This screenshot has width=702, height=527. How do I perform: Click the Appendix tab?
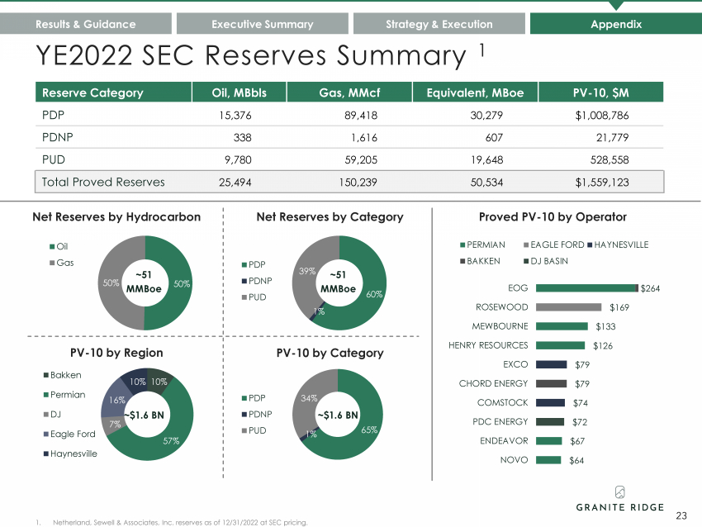point(616,24)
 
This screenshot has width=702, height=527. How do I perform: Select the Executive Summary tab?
point(263,24)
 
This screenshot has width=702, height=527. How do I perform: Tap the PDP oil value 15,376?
point(235,116)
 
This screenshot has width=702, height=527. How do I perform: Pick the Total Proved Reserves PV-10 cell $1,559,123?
point(602,183)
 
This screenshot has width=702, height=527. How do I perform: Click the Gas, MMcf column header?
point(349,93)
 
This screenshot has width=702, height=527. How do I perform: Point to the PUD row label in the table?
point(54,160)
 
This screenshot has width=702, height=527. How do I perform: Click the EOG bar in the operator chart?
point(586,288)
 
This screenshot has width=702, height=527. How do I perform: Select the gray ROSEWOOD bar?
point(568,307)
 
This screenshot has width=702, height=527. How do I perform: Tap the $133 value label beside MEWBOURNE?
point(605,326)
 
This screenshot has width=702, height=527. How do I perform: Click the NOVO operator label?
point(514,460)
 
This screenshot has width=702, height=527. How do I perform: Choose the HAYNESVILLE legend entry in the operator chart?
point(618,245)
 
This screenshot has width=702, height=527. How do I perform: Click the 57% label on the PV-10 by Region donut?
point(171,441)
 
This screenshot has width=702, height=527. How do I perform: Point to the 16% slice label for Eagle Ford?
point(117,400)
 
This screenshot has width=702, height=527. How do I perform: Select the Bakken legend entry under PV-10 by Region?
point(62,375)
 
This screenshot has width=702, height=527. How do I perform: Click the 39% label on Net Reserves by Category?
point(307,271)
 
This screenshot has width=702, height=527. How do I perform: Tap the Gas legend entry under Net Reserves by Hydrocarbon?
point(62,263)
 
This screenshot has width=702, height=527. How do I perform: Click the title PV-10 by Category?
point(330,353)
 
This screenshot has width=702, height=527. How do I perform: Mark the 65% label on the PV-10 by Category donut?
point(369,430)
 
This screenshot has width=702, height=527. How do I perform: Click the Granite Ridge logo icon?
point(620,492)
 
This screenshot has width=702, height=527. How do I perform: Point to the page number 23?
point(681,515)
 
